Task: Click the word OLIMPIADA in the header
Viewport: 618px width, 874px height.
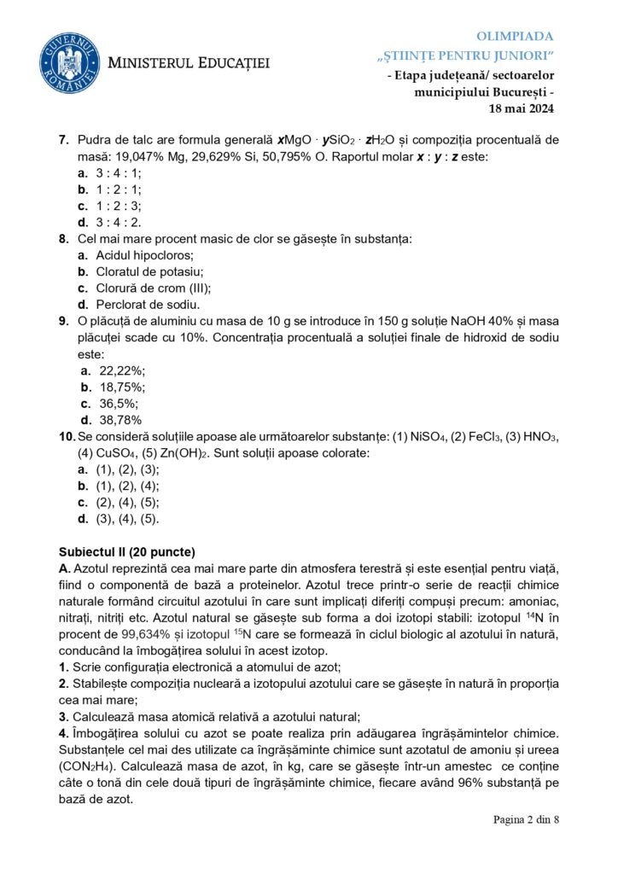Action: tap(514, 36)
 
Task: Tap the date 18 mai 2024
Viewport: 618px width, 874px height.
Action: tap(521, 108)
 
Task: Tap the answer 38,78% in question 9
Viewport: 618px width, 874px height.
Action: tap(120, 420)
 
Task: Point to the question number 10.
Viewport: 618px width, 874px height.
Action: tap(67, 437)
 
